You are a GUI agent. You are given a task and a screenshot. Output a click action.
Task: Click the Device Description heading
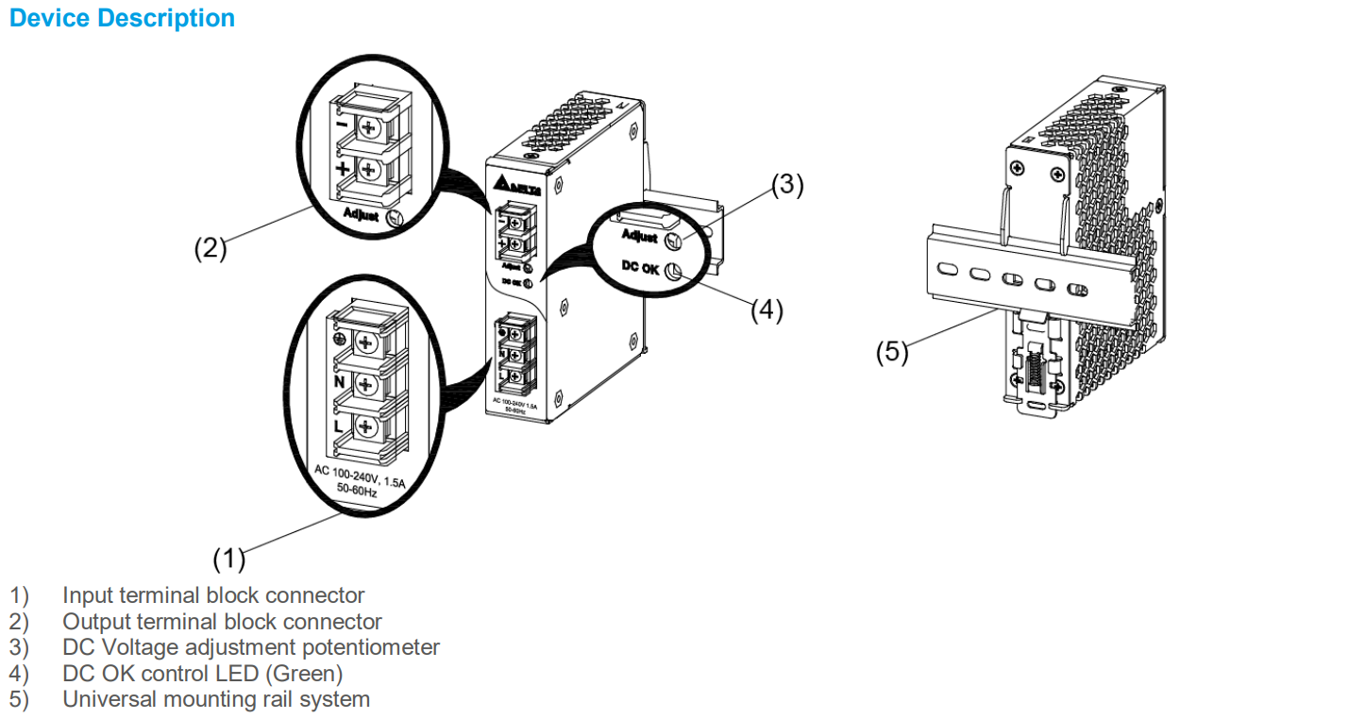pos(122,18)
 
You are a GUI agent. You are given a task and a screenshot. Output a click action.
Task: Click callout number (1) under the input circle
pos(228,559)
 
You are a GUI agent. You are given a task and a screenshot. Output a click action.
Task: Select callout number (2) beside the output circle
pos(211,248)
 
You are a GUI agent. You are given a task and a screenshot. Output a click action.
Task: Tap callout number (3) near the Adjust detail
pos(787,186)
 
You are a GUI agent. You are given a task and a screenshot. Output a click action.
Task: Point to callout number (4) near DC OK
pos(767,309)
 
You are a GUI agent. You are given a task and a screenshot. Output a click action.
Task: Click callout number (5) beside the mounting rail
pos(892,352)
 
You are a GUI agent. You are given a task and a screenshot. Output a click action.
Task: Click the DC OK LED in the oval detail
pos(673,273)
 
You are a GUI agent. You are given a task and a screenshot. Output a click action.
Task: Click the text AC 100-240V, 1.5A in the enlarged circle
pos(359,475)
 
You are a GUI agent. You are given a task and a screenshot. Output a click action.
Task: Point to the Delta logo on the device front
pos(511,184)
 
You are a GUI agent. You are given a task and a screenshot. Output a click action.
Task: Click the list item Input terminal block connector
pos(213,595)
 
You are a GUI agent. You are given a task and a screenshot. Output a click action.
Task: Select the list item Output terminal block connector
pos(222,622)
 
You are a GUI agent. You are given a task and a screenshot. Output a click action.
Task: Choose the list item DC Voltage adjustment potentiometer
pos(251,647)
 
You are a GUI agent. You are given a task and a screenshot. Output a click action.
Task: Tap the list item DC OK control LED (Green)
pos(202,674)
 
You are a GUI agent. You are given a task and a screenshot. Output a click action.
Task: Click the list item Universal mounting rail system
pos(216,699)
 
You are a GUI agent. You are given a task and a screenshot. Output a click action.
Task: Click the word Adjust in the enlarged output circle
pos(362,215)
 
